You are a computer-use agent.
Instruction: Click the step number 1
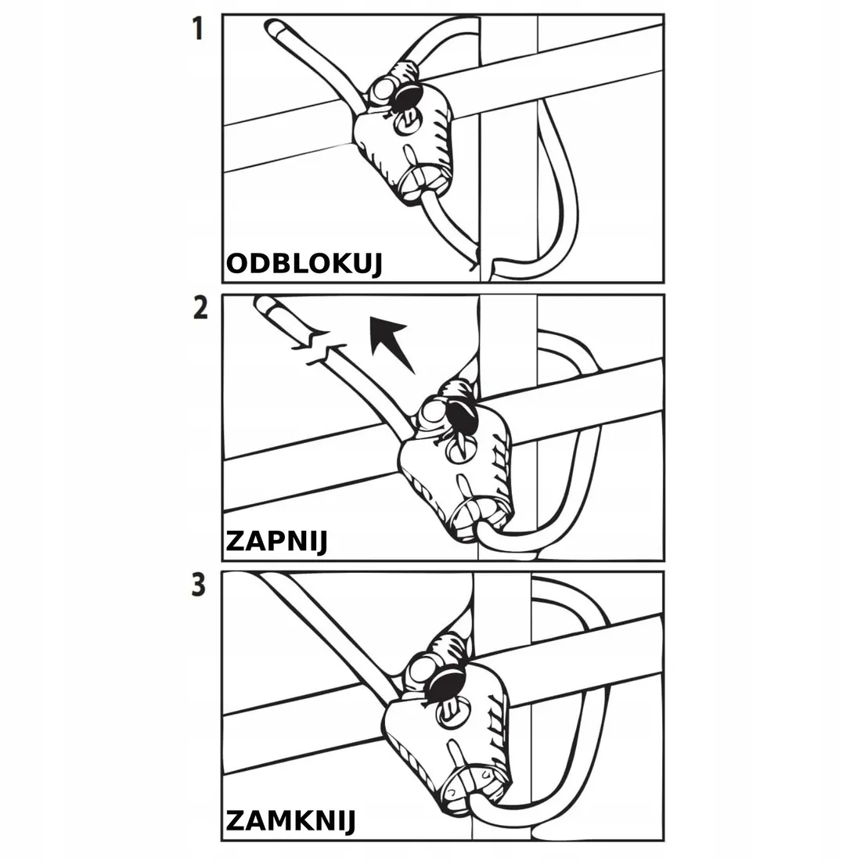point(198,31)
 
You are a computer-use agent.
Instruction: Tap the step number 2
point(200,309)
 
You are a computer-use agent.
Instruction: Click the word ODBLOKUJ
point(304,265)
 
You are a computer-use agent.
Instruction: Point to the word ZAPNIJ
point(276,541)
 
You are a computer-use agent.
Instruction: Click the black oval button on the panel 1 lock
point(408,98)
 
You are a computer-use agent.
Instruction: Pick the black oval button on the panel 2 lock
point(460,419)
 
